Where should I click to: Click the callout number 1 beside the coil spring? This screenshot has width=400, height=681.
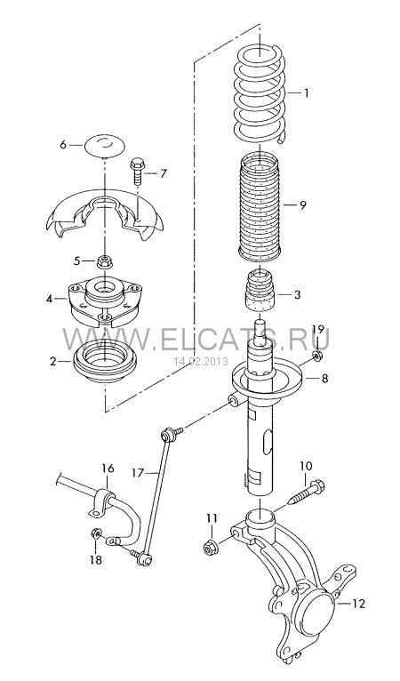306,93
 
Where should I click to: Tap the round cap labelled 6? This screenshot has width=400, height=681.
104,145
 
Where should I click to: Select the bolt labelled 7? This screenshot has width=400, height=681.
138,171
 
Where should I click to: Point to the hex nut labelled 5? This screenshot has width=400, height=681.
105,261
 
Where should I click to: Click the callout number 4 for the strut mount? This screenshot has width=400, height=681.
50,300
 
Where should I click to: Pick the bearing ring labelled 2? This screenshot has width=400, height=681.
105,361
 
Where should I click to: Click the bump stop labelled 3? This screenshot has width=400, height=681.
260,292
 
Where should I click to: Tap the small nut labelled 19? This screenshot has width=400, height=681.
317,357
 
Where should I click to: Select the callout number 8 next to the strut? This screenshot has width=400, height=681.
324,379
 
